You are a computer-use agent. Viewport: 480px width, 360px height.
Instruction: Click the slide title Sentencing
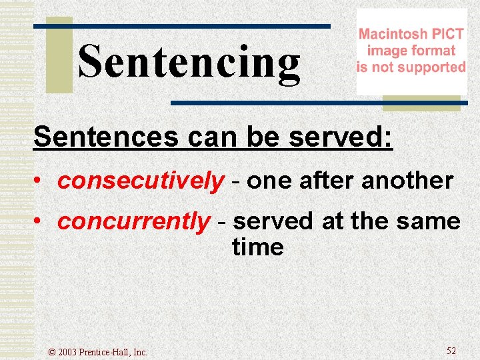tap(189, 63)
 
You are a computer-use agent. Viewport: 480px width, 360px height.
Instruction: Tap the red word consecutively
tap(141, 181)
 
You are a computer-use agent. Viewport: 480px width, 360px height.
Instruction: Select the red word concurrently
tap(133, 221)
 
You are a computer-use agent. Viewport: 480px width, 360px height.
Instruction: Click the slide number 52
tap(451, 351)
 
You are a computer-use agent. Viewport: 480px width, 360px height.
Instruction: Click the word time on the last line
tap(257, 247)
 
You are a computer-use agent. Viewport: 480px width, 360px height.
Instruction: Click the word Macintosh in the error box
tap(392, 34)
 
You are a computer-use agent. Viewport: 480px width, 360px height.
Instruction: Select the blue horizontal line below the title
tap(315, 103)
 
